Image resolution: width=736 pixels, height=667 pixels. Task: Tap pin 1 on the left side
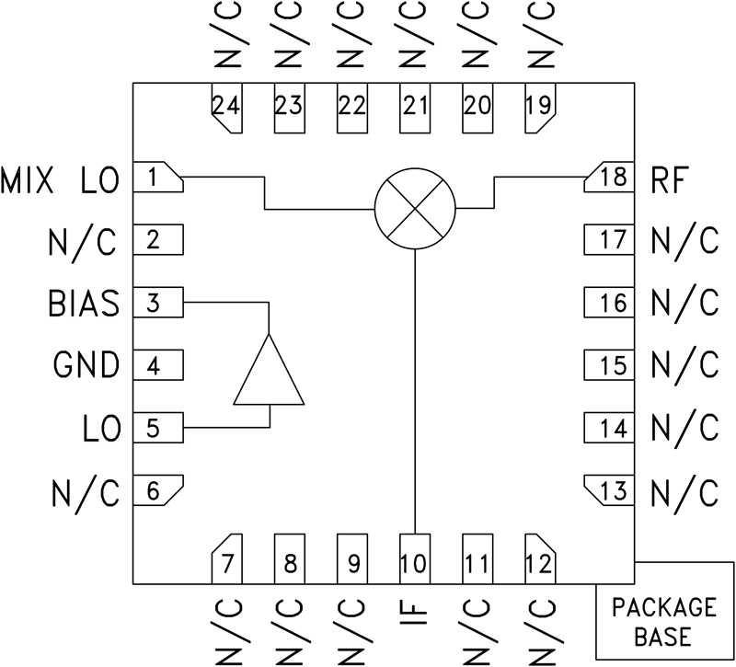[x=158, y=178]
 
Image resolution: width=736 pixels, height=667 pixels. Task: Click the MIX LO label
[x=61, y=180]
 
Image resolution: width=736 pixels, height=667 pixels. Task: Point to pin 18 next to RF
[x=611, y=178]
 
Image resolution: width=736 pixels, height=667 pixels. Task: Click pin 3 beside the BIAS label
[x=158, y=303]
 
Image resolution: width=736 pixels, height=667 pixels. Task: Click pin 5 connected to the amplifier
[x=158, y=428]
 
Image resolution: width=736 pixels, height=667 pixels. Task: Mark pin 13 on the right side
[x=611, y=491]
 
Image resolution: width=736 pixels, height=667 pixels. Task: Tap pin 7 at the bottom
[x=226, y=559]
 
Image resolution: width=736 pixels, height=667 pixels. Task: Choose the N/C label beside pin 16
[x=684, y=303]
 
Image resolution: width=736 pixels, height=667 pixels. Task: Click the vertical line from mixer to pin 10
[x=416, y=386]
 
